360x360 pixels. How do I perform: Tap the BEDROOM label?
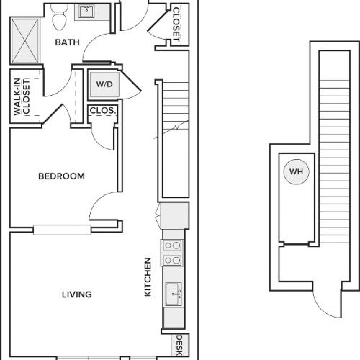pyautogui.click(x=61, y=176)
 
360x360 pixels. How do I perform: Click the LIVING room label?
pyautogui.click(x=76, y=294)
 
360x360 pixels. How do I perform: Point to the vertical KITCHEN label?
pyautogui.click(x=148, y=277)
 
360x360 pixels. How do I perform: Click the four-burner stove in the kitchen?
pyautogui.click(x=172, y=253)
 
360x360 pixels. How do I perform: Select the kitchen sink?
pyautogui.click(x=173, y=293)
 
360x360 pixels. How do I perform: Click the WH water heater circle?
pyautogui.click(x=296, y=172)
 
